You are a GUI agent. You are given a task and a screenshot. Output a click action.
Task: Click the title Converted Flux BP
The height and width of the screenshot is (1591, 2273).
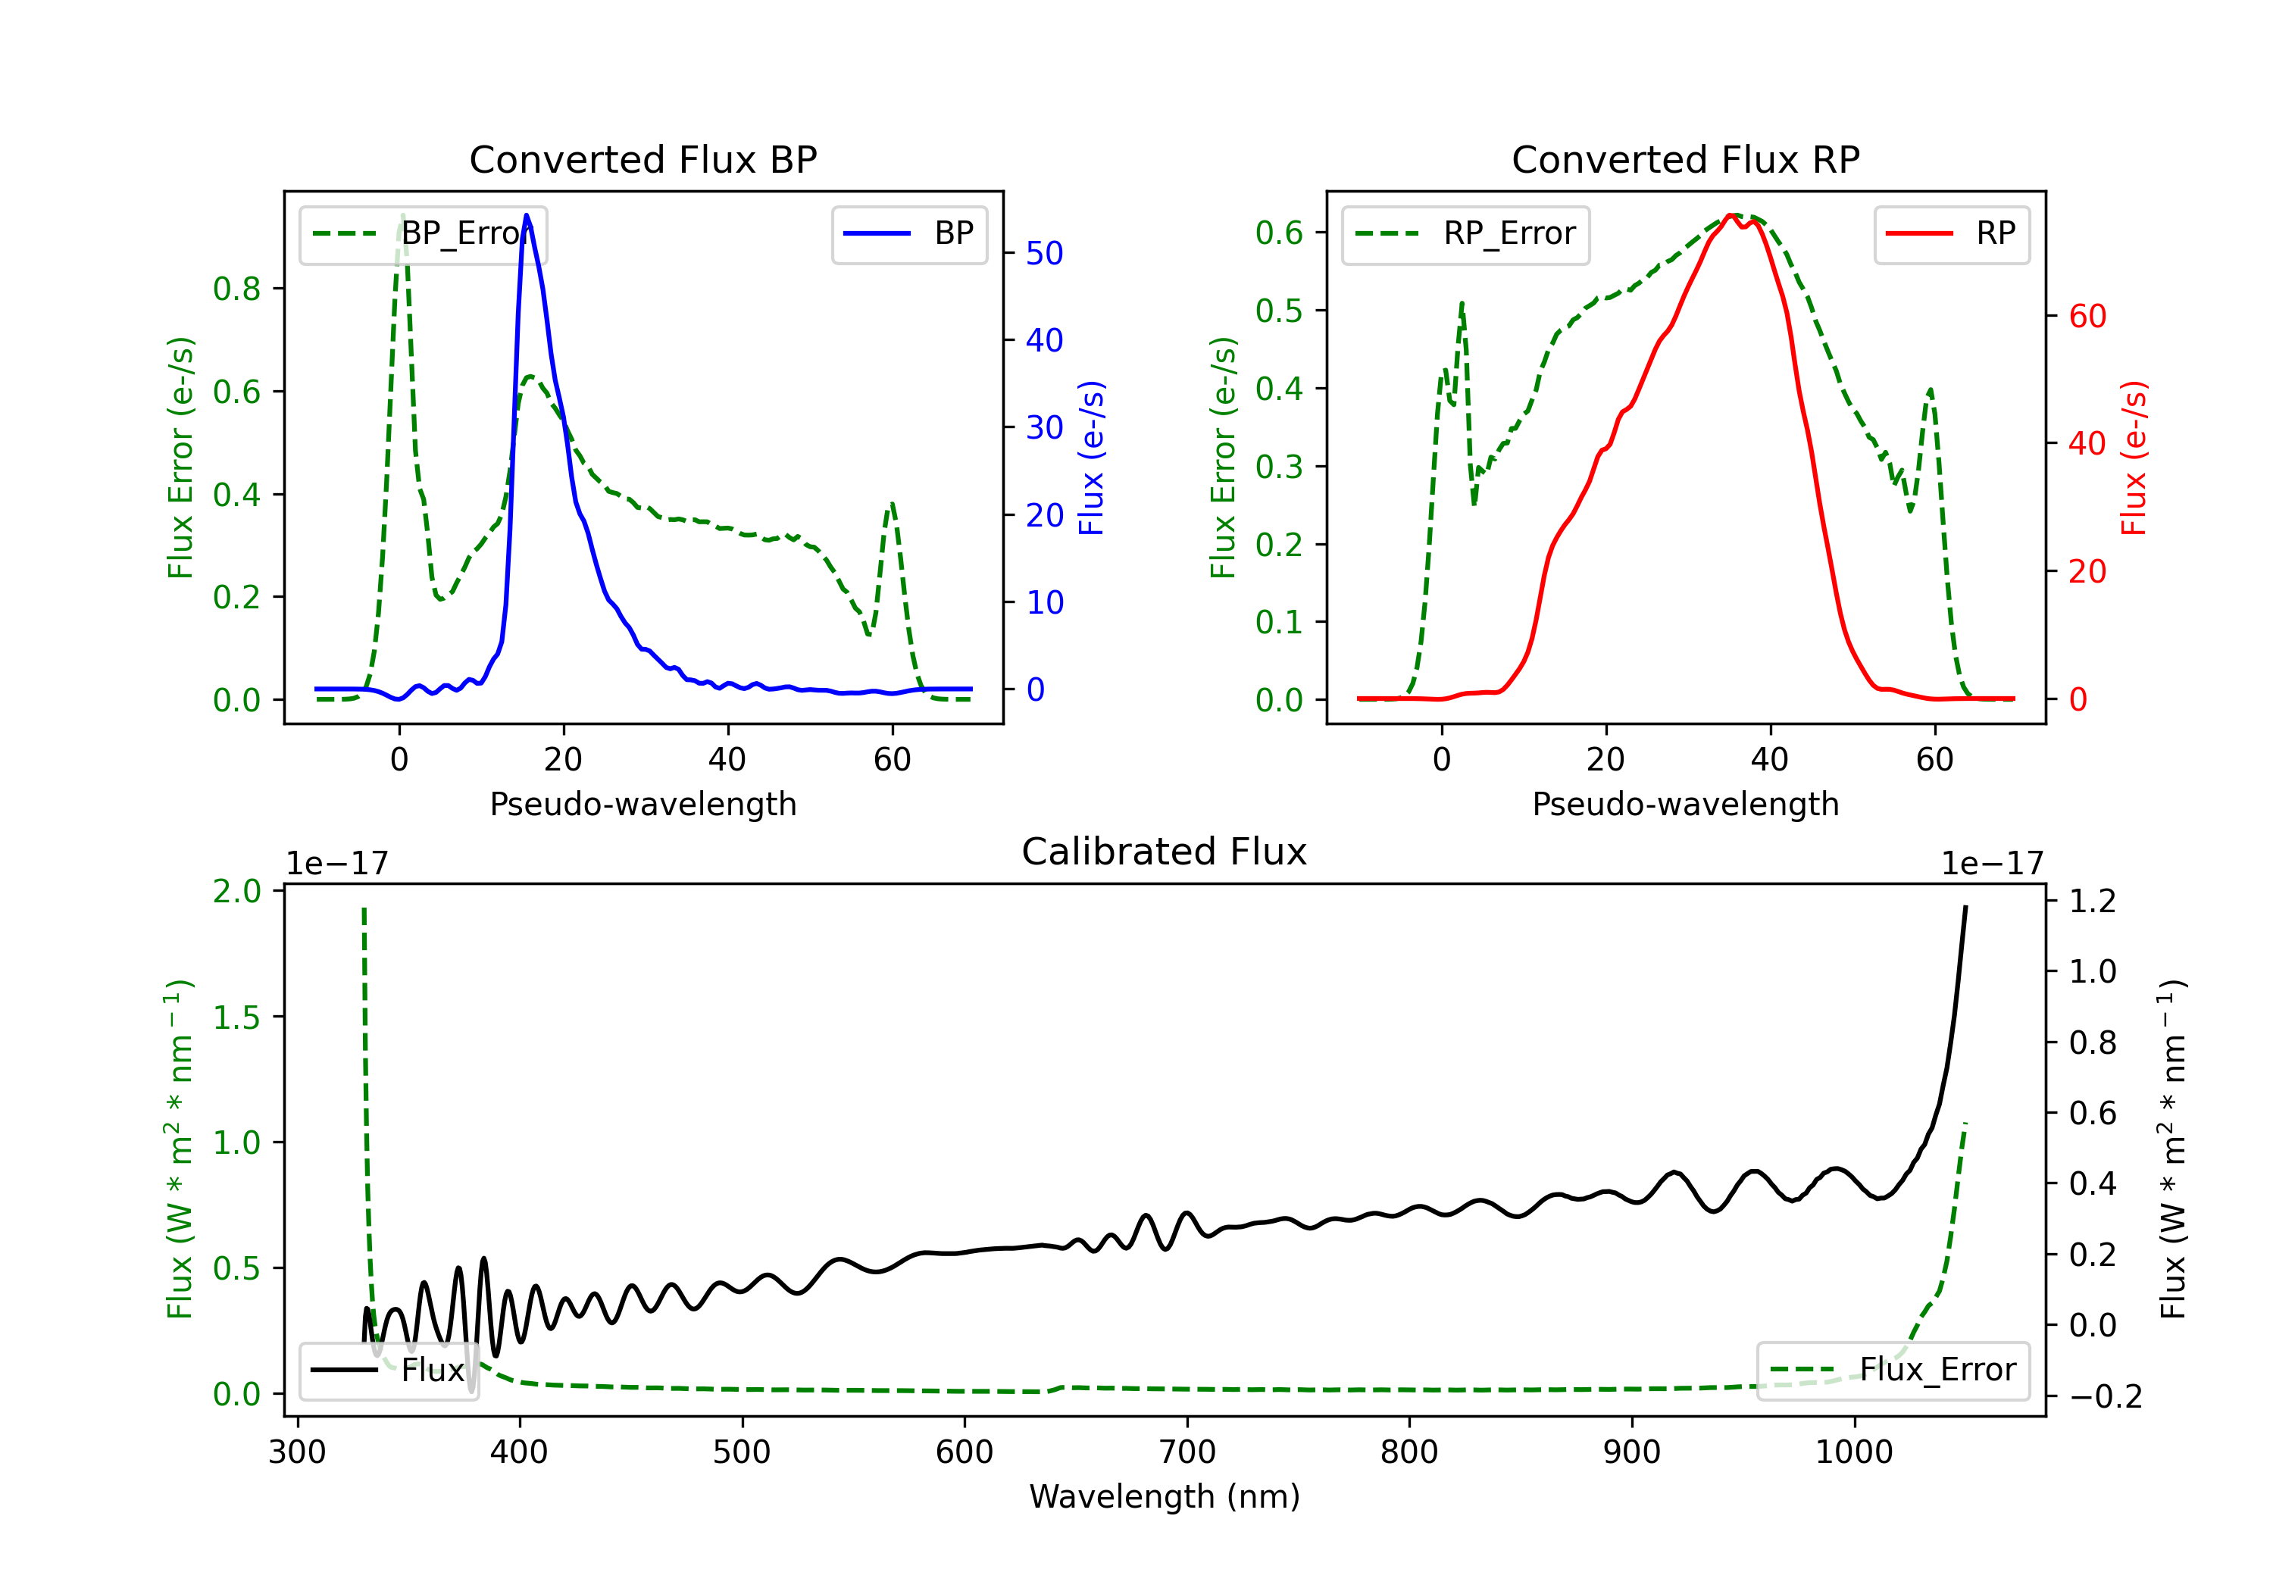coord(643,159)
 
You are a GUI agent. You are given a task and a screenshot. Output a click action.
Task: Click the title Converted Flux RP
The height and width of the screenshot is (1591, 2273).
coord(1685,159)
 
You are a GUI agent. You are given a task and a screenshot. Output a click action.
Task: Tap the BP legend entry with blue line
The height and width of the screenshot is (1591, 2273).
coord(908,233)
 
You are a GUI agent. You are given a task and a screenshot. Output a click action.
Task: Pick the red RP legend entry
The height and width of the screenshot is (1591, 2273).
coord(1951,233)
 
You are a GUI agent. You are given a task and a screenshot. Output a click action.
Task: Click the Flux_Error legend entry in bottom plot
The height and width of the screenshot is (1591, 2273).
coord(1893,1371)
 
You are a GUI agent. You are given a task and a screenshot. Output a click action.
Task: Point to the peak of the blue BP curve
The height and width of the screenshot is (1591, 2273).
coord(527,215)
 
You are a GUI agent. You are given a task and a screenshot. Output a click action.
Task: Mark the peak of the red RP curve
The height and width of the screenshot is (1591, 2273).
coord(1731,216)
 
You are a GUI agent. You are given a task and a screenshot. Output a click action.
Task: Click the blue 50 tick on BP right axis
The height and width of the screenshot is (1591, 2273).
coord(1043,254)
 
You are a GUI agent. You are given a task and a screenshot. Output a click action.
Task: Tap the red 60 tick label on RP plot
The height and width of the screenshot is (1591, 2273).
coord(2087,317)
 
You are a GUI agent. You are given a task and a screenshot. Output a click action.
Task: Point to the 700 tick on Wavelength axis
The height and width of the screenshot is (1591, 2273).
coord(1187,1452)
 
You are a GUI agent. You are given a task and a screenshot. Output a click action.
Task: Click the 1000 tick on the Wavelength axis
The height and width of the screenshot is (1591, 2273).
coord(1854,1452)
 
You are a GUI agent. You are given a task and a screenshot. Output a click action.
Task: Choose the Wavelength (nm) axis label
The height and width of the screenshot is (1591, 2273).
coord(1165,1497)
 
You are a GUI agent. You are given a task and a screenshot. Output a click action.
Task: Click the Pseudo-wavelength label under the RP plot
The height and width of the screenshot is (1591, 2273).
coord(1685,804)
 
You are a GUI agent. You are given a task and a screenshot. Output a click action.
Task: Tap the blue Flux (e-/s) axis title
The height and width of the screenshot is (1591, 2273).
coord(1091,458)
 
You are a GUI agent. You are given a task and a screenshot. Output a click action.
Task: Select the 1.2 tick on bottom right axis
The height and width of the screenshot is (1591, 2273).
coord(2093,901)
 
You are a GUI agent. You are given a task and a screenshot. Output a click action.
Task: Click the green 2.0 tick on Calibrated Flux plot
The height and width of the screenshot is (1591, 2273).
coord(236,891)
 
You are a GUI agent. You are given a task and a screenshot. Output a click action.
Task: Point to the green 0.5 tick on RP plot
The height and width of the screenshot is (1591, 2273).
coord(1279,310)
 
